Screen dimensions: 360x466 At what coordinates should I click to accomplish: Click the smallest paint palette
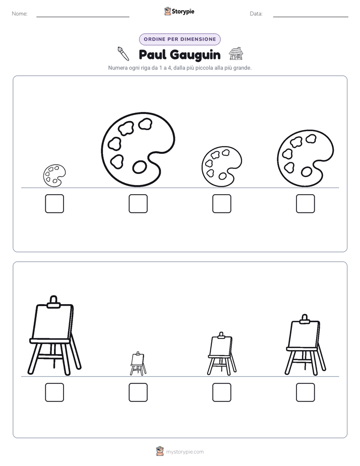coord(54,176)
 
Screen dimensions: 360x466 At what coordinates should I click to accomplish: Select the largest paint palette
coord(138,149)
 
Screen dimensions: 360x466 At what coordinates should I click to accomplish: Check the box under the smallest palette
coord(54,204)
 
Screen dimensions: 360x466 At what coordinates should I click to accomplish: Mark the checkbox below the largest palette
coord(138,204)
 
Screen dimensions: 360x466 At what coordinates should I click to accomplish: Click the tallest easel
coord(54,335)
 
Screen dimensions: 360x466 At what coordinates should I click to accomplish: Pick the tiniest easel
coord(138,364)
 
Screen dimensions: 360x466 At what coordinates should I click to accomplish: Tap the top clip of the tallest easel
coord(54,302)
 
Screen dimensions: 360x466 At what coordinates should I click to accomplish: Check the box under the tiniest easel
coord(138,392)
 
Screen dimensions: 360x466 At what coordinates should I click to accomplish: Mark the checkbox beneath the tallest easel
coord(54,392)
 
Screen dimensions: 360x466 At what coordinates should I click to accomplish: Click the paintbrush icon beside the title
coord(123,54)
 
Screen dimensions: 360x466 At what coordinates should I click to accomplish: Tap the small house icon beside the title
coord(236,53)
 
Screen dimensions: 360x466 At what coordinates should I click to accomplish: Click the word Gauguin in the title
coord(196,55)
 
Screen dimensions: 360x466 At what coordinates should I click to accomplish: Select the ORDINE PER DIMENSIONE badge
coord(179,39)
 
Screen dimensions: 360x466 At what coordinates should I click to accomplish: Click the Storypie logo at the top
coord(179,11)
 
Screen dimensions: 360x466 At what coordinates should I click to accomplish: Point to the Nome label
coord(20,14)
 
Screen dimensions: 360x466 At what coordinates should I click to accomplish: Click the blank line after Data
coord(311,17)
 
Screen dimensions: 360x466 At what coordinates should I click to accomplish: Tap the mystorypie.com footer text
coord(185,452)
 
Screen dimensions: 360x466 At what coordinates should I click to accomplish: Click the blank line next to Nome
coord(83,17)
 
